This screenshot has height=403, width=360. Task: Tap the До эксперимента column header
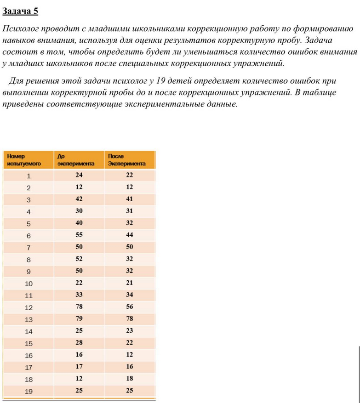click(x=76, y=159)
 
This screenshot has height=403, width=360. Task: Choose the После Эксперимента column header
click(x=126, y=159)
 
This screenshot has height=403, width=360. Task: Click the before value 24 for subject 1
click(x=79, y=175)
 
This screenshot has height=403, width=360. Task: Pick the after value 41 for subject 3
click(x=129, y=199)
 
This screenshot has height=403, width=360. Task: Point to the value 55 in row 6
click(x=79, y=235)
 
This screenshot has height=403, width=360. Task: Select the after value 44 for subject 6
click(x=129, y=235)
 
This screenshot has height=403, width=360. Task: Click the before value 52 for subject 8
click(x=79, y=259)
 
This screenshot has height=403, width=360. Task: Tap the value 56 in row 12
click(x=129, y=307)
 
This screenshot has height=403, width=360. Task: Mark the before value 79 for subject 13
click(x=79, y=318)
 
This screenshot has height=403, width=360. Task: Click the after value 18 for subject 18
click(x=129, y=379)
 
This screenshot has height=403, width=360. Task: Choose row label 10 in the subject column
click(x=29, y=283)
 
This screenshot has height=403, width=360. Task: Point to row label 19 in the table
click(x=29, y=391)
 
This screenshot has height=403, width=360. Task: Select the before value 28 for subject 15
click(x=79, y=343)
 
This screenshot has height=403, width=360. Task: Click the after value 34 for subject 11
click(x=129, y=295)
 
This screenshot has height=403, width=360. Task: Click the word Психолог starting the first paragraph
click(x=21, y=29)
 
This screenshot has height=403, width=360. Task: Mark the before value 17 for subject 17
click(x=79, y=367)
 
